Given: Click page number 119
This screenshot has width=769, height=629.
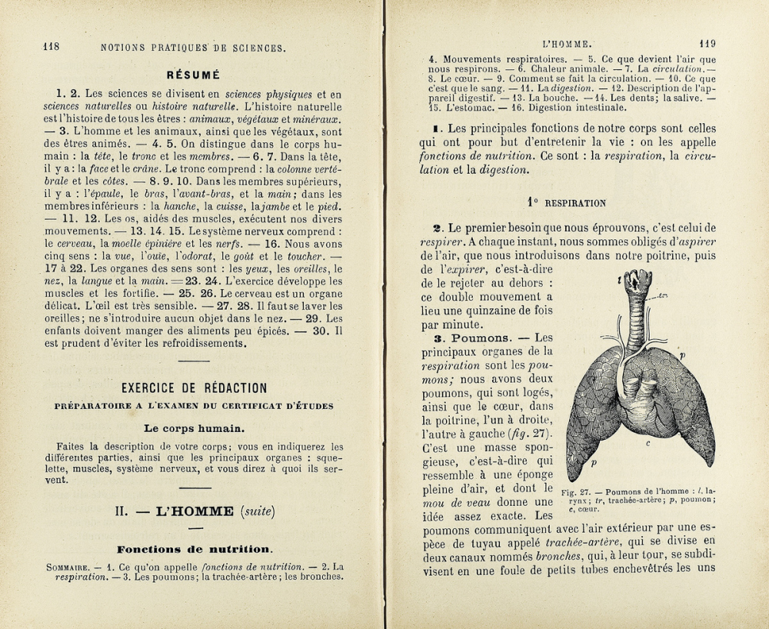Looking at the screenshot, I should click(x=707, y=44).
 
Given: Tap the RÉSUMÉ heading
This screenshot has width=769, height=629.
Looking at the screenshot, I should click(x=193, y=75).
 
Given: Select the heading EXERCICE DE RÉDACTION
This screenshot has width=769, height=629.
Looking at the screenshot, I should click(x=194, y=388).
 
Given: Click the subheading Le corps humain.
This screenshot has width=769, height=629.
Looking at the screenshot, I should click(x=194, y=428).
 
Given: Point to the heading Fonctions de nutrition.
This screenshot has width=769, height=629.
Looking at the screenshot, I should click(x=194, y=549).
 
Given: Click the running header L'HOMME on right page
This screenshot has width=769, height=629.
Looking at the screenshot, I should click(x=566, y=45).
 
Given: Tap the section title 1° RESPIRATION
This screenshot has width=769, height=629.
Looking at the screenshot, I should click(x=567, y=203).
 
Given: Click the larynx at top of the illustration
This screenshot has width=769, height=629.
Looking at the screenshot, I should click(x=637, y=284).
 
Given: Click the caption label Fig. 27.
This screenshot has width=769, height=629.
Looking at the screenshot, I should click(x=577, y=492).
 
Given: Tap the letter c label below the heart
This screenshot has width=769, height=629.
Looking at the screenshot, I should click(x=648, y=444).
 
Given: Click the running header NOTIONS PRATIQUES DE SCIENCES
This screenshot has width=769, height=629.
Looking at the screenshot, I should click(x=193, y=48).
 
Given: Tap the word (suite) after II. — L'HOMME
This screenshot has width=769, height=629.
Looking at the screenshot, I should click(x=258, y=511).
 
